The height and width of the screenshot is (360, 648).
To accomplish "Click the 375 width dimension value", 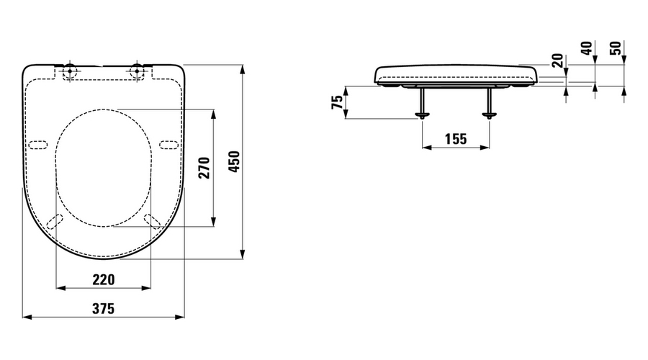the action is (103, 308).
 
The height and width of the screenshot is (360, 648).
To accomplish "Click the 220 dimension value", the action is (103, 280).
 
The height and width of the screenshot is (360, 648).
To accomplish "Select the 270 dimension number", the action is (204, 167).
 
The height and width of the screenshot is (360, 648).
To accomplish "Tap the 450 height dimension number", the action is (234, 161).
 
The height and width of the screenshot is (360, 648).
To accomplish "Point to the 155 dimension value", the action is (456, 139).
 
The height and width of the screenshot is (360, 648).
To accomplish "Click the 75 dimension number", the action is (338, 102).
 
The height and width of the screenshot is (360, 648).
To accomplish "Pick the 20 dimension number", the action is (557, 60).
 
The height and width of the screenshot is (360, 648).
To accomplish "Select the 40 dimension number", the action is (586, 48).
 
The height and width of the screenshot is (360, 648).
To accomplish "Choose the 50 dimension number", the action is (616, 48).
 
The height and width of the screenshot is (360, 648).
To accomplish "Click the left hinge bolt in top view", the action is (69, 71).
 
